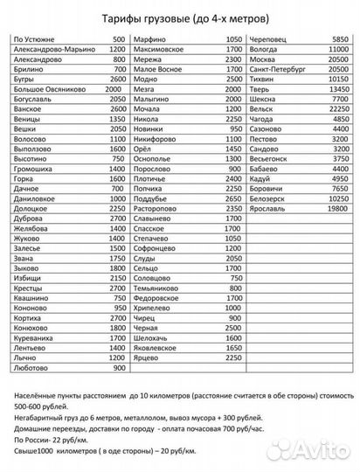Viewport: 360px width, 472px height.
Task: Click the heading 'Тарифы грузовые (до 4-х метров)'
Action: tap(181, 19)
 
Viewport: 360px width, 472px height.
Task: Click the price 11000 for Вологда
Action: tap(336, 66)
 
